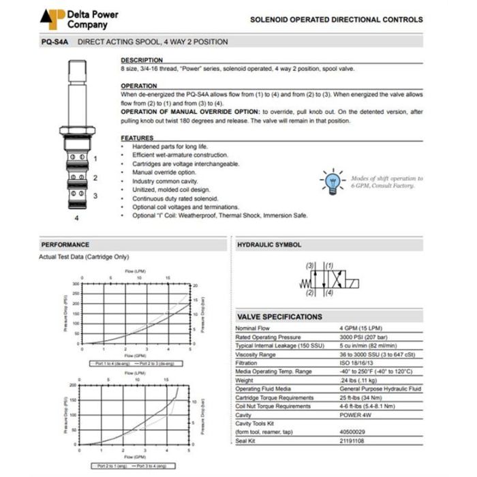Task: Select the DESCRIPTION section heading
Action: pyautogui.click(x=142, y=60)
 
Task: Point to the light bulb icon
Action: pyautogui.click(x=333, y=180)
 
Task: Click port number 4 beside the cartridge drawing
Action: pyautogui.click(x=76, y=218)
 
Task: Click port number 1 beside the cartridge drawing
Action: pyautogui.click(x=95, y=159)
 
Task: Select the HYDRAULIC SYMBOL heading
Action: pyautogui.click(x=269, y=245)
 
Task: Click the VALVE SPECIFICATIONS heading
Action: pyautogui.click(x=279, y=317)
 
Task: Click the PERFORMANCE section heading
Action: pyautogui.click(x=65, y=245)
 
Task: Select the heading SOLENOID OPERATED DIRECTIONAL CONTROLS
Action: pyautogui.click(x=336, y=20)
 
